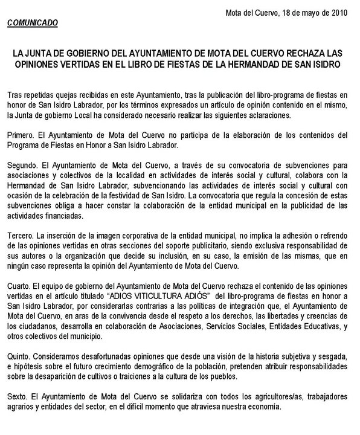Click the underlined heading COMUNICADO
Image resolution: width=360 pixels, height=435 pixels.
tap(33, 22)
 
